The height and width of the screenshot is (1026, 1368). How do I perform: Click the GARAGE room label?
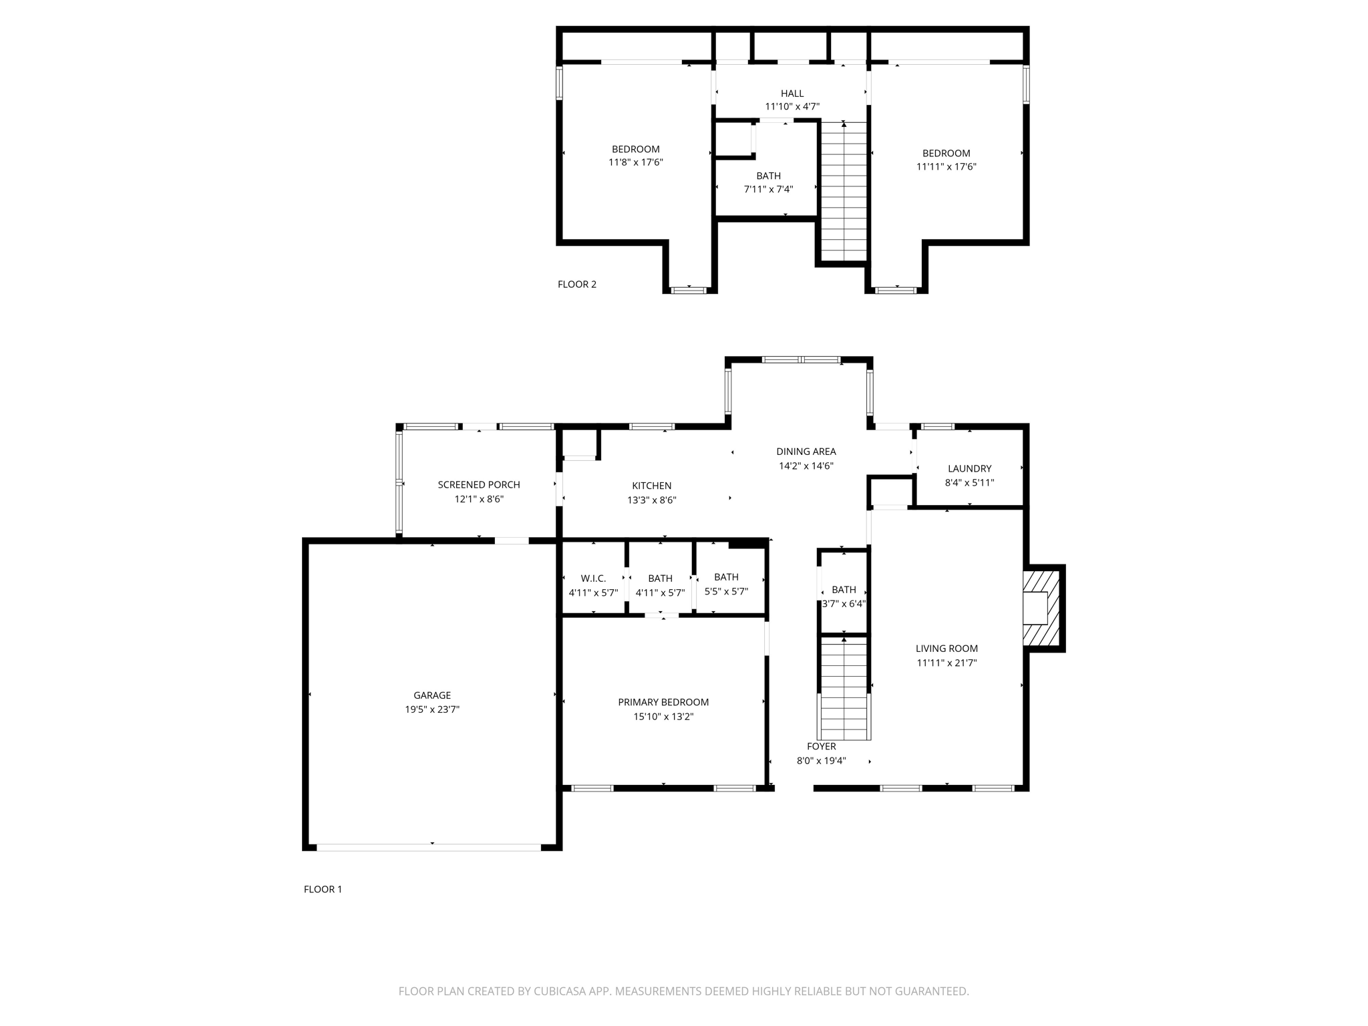click(x=432, y=695)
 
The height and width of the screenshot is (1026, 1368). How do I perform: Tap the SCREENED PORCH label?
click(x=479, y=485)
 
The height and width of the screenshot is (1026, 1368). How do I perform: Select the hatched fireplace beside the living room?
click(x=1042, y=607)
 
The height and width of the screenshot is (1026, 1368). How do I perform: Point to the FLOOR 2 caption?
click(x=577, y=285)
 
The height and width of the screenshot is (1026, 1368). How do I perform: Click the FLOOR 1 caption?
click(x=323, y=889)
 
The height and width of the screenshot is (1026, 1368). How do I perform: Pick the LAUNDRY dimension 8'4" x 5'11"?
click(x=969, y=483)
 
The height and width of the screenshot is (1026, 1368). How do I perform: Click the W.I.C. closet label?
click(x=593, y=578)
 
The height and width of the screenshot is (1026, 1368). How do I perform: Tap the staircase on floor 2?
click(x=844, y=192)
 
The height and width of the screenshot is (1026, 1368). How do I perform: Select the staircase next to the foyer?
click(x=844, y=688)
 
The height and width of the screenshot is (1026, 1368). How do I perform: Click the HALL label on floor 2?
click(x=792, y=94)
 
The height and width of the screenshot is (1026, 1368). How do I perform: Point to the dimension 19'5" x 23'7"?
click(x=432, y=710)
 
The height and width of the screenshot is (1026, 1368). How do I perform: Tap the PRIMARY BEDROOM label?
click(x=663, y=702)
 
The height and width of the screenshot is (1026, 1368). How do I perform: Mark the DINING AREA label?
click(x=806, y=452)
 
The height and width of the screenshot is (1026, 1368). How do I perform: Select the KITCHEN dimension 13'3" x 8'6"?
click(x=652, y=500)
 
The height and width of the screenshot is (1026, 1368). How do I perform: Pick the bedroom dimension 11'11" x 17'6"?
click(x=946, y=167)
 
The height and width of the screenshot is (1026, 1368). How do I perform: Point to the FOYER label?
click(x=821, y=747)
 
